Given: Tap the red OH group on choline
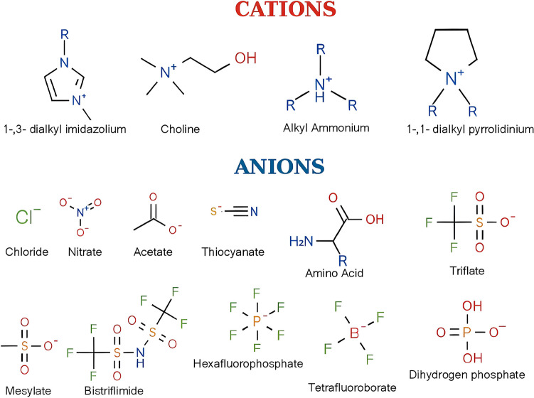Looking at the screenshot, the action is (245, 57).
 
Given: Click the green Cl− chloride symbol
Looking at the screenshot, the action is (28, 214).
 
